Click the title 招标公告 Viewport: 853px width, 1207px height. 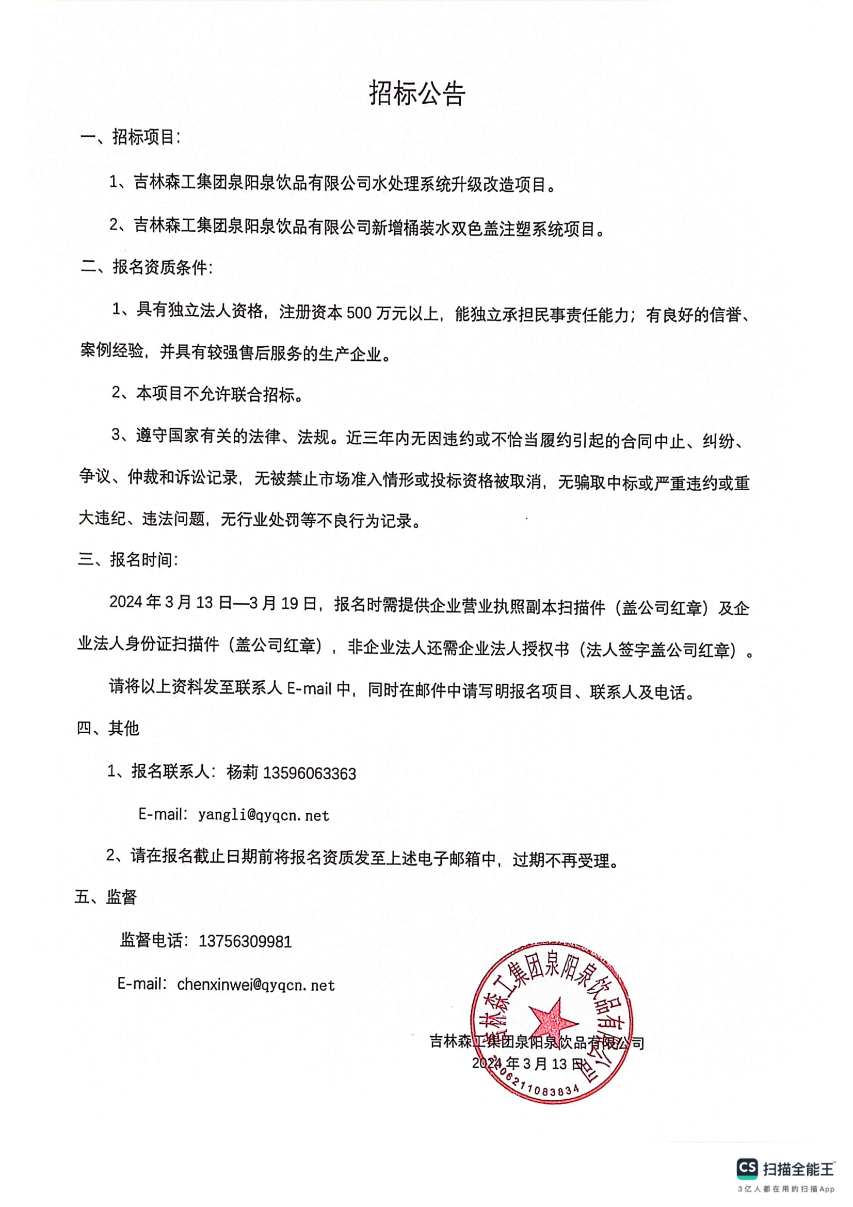tap(417, 94)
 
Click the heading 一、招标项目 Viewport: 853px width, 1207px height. tap(131, 137)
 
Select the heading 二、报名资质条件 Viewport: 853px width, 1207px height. tap(147, 267)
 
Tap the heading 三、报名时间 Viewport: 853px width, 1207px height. tap(128, 560)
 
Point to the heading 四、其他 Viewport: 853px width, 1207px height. tap(108, 728)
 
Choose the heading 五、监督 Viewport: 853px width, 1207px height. tap(106, 897)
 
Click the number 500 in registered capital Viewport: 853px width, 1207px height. tap(359, 313)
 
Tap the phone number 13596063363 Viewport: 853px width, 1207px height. tap(310, 774)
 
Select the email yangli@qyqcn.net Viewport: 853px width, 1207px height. tap(264, 815)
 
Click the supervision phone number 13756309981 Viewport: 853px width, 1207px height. tap(245, 941)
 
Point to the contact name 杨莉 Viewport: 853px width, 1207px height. tap(243, 773)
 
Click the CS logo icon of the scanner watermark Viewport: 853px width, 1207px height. tap(747, 1168)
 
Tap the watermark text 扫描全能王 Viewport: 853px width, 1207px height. tap(798, 1169)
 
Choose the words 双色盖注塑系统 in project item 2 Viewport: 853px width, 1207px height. tap(499, 228)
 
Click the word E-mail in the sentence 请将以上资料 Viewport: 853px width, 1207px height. tap(309, 689)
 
